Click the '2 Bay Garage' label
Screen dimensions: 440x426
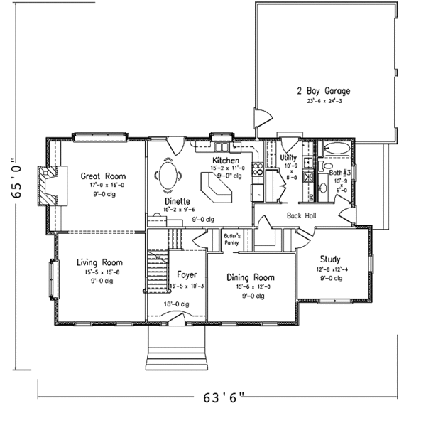tap(323, 92)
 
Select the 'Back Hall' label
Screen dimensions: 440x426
tap(301, 215)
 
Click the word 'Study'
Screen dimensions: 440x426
tap(329, 259)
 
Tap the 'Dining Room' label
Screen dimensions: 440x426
tap(250, 277)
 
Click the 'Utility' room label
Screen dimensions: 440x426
tap(288, 157)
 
